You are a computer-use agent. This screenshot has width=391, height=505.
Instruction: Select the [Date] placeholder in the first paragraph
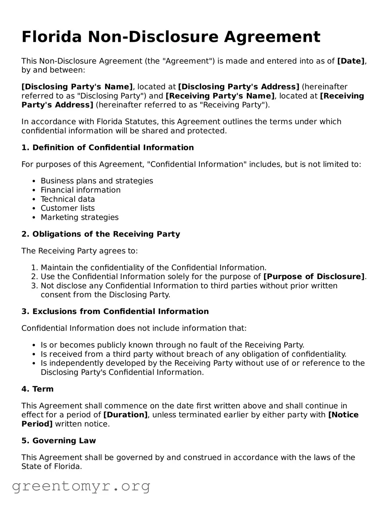click(x=351, y=61)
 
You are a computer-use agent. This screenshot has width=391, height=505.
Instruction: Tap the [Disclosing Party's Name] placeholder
click(x=77, y=87)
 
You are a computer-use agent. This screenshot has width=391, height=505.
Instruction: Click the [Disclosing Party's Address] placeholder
click(x=238, y=87)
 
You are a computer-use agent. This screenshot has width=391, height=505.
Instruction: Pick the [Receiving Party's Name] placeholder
click(x=220, y=96)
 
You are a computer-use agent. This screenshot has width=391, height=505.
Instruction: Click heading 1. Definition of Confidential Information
click(x=107, y=148)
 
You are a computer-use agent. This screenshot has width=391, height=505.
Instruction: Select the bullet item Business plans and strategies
click(x=97, y=181)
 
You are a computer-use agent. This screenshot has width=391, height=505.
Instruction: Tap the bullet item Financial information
click(x=81, y=190)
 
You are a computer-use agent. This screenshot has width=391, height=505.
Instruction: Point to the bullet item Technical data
click(x=68, y=199)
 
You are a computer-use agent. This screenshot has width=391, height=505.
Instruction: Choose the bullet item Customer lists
click(x=67, y=208)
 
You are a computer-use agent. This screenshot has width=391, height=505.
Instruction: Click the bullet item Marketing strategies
click(x=79, y=217)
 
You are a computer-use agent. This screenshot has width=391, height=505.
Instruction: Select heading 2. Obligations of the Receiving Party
click(x=101, y=234)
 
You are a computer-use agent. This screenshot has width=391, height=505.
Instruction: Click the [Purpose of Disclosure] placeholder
click(x=314, y=277)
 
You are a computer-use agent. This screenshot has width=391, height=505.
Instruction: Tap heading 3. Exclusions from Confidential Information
click(x=115, y=312)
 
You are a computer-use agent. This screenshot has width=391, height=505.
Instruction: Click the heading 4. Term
click(x=37, y=389)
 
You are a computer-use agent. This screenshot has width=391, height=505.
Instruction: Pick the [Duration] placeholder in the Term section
click(x=125, y=415)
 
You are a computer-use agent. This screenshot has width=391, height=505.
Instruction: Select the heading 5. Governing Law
click(x=58, y=441)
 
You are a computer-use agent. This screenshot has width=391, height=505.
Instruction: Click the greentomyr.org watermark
click(x=81, y=486)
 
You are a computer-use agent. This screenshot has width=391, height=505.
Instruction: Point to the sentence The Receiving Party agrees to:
click(x=79, y=251)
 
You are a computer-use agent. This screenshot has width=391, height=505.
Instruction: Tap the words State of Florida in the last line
click(x=51, y=466)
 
